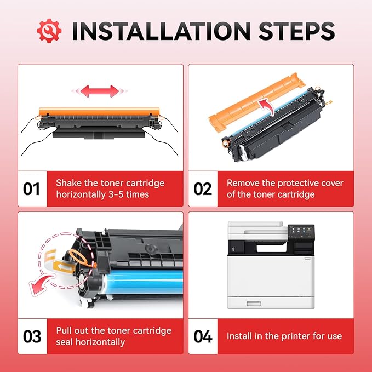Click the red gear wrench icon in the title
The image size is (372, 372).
click(x=49, y=31)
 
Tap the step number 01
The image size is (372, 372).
click(x=32, y=189)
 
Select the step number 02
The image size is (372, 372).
click(x=203, y=189)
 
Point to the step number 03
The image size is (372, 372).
click(x=32, y=336)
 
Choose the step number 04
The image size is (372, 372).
click(x=203, y=336)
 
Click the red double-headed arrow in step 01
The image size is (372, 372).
click(x=96, y=91)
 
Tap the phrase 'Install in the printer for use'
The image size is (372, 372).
click(x=284, y=336)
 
